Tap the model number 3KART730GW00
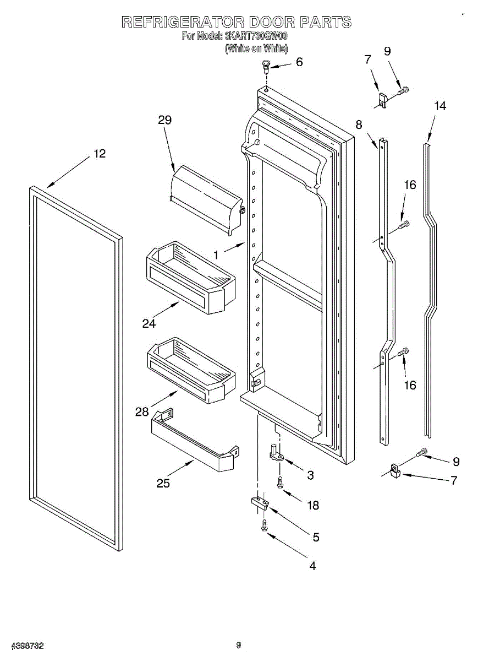[256, 36]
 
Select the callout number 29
[165, 120]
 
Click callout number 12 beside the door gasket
[99, 154]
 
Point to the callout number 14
[439, 106]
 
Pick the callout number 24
[149, 323]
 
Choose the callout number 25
[163, 483]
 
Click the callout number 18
[312, 505]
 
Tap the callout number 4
[312, 565]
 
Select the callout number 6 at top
[299, 62]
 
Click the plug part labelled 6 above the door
[266, 67]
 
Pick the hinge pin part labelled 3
[276, 452]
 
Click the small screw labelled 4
[265, 525]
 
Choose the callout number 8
[359, 125]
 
